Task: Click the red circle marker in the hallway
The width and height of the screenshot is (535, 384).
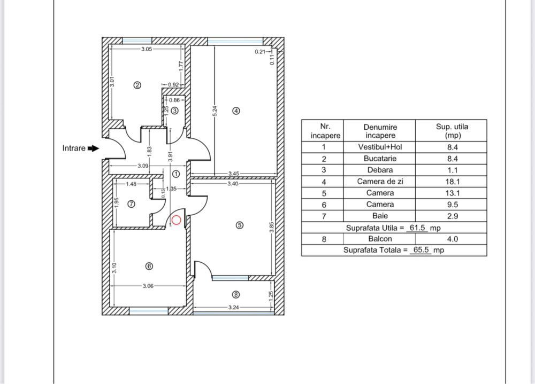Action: [x=176, y=220]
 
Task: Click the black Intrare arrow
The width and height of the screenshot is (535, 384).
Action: [x=93, y=148]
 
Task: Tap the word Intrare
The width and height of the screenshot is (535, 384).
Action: [x=74, y=148]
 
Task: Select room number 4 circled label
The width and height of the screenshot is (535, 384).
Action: [x=236, y=111]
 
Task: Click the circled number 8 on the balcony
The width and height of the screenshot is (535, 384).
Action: [x=236, y=294]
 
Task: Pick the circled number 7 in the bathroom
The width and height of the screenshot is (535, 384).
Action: [x=132, y=203]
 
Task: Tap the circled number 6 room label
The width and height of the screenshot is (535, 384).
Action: [x=149, y=265]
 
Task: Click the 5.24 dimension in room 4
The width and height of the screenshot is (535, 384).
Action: [x=215, y=110]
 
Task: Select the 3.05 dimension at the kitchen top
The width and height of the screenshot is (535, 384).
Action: [x=147, y=49]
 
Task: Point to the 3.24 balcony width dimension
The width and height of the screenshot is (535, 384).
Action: [x=233, y=308]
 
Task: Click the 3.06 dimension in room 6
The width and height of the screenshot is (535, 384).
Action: [x=148, y=286]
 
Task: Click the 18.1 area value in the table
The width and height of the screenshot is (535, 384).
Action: [x=452, y=182]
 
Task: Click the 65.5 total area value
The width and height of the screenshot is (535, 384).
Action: [x=420, y=250]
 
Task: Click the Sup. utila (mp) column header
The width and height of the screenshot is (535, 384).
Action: [x=452, y=131]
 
